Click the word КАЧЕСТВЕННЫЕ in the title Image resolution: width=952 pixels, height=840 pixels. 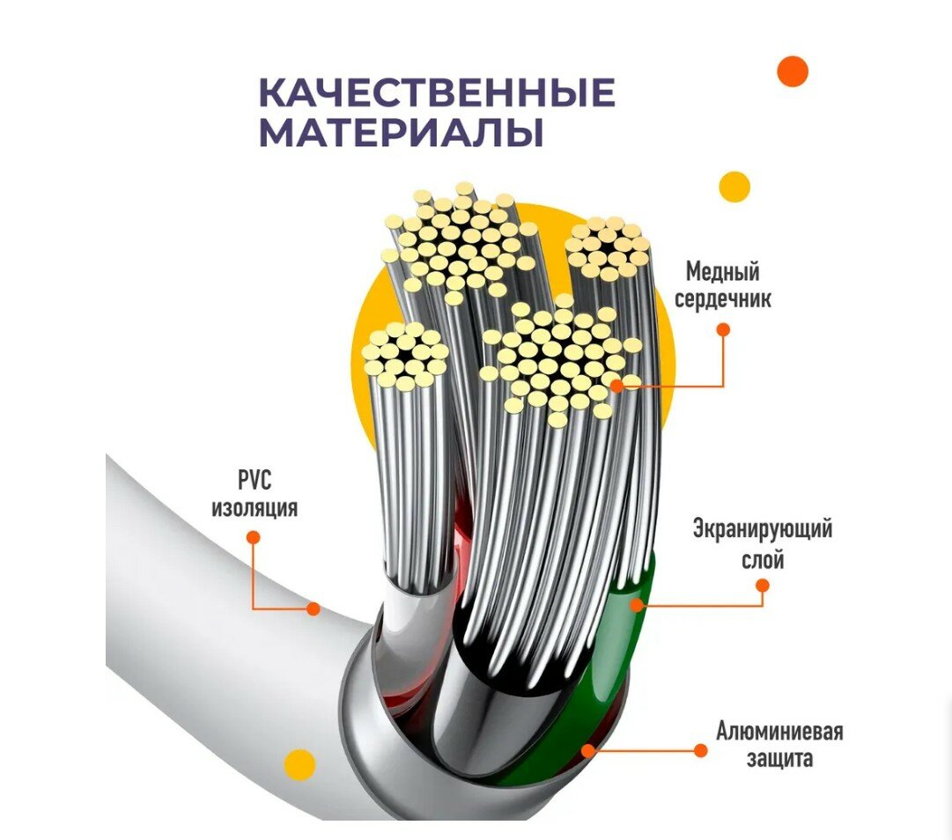click(x=437, y=92)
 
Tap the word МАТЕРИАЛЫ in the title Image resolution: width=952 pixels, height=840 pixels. click(x=401, y=134)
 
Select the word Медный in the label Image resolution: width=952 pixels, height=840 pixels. click(x=722, y=271)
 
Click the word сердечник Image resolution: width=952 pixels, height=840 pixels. click(x=722, y=299)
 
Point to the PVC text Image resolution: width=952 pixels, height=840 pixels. click(x=255, y=480)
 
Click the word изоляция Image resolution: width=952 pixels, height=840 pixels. click(x=255, y=508)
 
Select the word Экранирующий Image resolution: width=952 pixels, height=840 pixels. click(x=763, y=530)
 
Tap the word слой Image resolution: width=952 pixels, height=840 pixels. click(x=763, y=559)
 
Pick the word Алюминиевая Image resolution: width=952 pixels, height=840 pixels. click(x=780, y=732)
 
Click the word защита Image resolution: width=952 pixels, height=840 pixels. click(x=778, y=759)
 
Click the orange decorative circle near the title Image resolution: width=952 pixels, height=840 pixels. click(x=793, y=71)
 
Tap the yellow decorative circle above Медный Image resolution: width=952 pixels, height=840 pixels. click(x=734, y=187)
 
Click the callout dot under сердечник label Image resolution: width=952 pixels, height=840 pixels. click(x=723, y=329)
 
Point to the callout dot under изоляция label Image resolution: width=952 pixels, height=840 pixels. click(x=253, y=537)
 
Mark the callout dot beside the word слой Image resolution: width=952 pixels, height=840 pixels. click(x=763, y=586)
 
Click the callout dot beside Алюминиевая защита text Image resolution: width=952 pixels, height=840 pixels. click(x=700, y=750)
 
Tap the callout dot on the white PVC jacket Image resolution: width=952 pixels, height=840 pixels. click(x=313, y=608)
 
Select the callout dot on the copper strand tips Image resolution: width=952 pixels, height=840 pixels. click(x=616, y=385)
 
